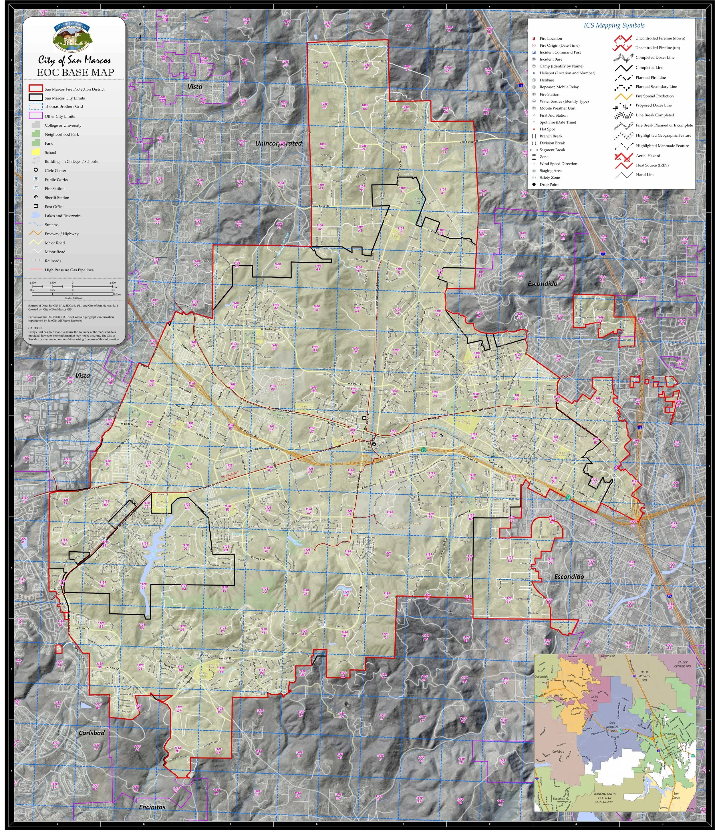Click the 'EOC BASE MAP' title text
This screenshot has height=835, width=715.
coord(76,73)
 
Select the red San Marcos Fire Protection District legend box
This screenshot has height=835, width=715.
coord(35,89)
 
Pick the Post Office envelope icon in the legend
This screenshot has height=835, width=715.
coord(35,206)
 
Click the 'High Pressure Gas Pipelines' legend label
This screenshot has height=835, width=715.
coord(69,270)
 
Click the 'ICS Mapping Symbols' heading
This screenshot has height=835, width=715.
coord(614,25)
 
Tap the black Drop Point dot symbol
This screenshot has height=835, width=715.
coord(534,184)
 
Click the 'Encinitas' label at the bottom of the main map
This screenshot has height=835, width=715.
coord(152,807)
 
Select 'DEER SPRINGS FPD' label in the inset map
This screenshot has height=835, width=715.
coord(644,676)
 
